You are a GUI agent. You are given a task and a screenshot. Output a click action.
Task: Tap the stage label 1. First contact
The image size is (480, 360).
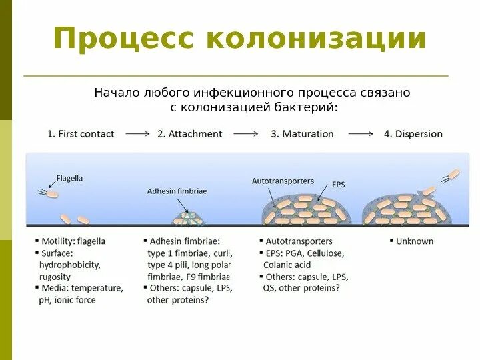[x=81, y=134]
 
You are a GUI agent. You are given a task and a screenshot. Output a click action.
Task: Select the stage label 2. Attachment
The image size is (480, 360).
[x=189, y=134]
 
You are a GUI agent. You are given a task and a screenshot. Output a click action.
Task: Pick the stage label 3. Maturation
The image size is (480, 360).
[x=302, y=134]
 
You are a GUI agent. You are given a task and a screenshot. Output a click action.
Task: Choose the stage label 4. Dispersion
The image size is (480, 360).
[x=413, y=134]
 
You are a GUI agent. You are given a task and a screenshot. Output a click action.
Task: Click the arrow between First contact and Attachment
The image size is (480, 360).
[x=137, y=134]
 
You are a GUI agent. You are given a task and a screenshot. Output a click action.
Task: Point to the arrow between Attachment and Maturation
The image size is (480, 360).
[x=245, y=134]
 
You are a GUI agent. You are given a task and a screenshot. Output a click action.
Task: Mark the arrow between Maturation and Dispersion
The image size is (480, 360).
[x=361, y=134]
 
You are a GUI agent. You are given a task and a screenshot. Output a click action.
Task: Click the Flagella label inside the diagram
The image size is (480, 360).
[x=69, y=179]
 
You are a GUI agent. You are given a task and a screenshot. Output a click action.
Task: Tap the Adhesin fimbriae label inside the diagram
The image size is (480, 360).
[x=177, y=191]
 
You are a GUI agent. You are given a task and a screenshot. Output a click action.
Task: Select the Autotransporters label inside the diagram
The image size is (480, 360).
[x=283, y=181]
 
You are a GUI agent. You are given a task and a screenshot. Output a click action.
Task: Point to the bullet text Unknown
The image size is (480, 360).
[x=415, y=241]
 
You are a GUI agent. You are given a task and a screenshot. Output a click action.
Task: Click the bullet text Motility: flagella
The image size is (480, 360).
[x=73, y=241]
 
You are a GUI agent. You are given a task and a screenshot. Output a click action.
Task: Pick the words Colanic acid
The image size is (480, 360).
[x=287, y=265]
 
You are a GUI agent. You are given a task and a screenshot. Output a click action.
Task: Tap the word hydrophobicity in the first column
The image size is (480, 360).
[x=71, y=265]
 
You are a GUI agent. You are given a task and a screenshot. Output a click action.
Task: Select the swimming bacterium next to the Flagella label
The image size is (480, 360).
[x=51, y=194]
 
